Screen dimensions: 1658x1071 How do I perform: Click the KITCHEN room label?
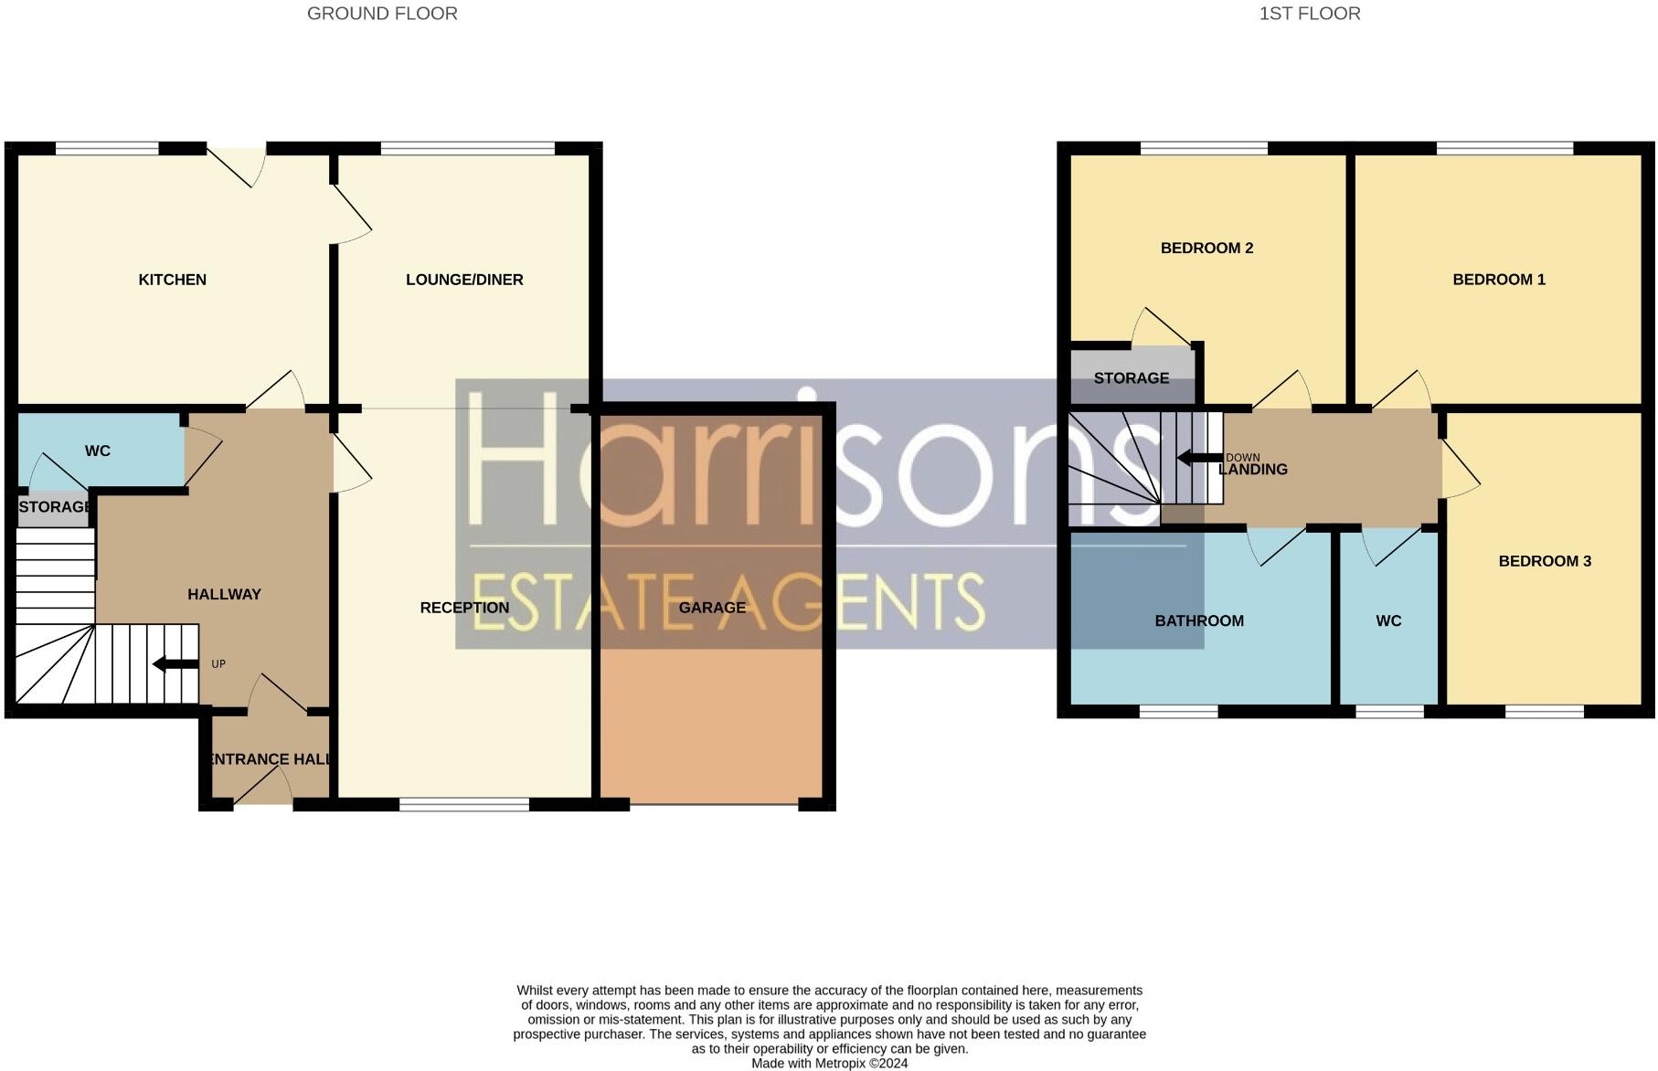[x=172, y=280]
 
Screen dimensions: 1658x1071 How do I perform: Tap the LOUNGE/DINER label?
[x=464, y=280]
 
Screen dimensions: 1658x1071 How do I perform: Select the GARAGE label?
[x=712, y=608]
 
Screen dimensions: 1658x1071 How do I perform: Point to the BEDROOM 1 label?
[x=1499, y=280]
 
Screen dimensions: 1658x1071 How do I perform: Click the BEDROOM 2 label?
[x=1206, y=248]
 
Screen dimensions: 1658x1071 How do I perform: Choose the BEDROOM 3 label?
[x=1545, y=561]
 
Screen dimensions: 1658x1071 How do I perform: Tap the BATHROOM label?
[x=1199, y=620]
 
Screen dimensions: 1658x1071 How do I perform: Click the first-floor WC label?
[x=1388, y=620]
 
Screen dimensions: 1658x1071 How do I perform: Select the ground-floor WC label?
[x=98, y=451]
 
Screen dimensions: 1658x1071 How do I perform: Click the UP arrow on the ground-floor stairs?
[x=175, y=664]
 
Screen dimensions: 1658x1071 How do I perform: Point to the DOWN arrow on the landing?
[x=1199, y=458]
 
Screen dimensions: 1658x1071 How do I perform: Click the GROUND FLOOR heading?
[x=382, y=14]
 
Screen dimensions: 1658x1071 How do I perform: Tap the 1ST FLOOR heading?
[x=1310, y=14]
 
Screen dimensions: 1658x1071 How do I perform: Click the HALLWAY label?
[x=224, y=594]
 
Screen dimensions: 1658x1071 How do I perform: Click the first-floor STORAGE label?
[x=1132, y=378]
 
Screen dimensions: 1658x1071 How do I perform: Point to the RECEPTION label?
[x=464, y=608]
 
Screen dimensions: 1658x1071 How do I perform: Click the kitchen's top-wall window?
[x=108, y=147]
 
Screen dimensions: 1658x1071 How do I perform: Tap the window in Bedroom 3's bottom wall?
[x=1545, y=711]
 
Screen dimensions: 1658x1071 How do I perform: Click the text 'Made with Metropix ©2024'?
[x=829, y=1064]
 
